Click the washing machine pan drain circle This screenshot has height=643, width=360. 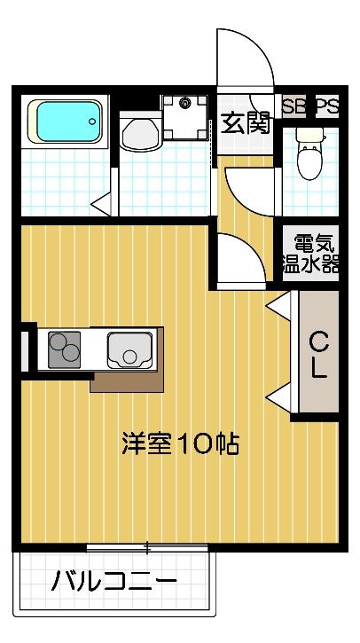pos(186,104)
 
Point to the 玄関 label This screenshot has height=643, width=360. pos(246,123)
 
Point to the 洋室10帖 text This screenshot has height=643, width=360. pos(180,443)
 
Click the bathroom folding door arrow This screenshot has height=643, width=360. pos(104,202)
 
